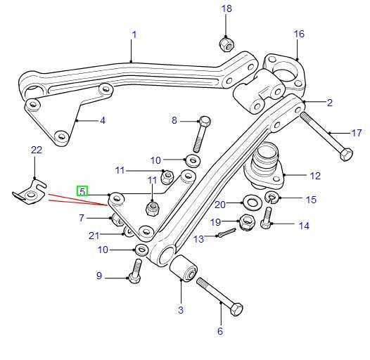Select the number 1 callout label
pos(134,34)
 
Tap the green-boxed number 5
pos(82,191)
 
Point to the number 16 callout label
pos(299,34)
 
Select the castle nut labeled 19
pos(247,221)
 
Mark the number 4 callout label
pos(102,120)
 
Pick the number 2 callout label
pos(329,103)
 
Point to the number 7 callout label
pos(82,219)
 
